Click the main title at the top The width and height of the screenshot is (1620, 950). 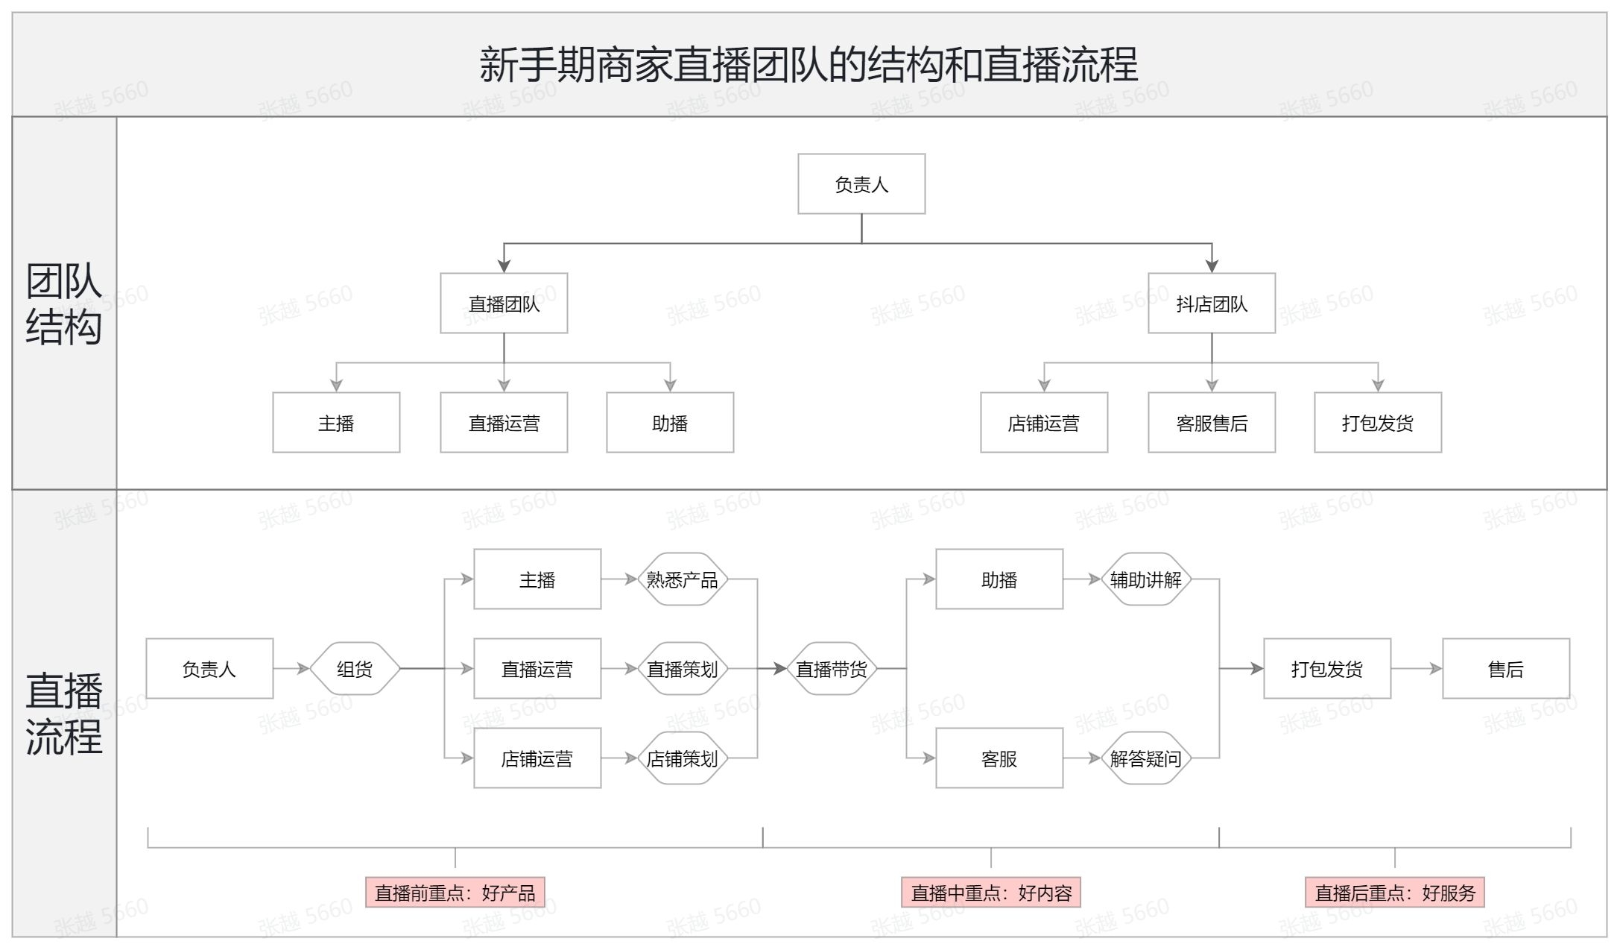coord(809,64)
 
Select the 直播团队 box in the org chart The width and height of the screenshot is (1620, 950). coord(504,303)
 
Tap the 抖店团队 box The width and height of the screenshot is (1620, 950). coord(1212,303)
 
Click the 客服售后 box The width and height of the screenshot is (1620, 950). coord(1212,422)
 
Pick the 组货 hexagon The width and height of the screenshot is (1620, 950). coord(355,669)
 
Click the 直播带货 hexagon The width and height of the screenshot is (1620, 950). coord(832,669)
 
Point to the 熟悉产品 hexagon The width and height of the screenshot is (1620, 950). coord(682,579)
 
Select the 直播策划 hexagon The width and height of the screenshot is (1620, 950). coord(682,669)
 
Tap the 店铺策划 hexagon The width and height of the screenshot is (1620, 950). coord(682,758)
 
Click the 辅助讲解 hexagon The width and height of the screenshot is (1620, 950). coord(1145,579)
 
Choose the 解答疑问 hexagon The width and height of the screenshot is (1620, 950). coord(1145,758)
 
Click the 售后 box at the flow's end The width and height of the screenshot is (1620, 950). coord(1506,668)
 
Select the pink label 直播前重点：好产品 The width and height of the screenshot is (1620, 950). coord(455,892)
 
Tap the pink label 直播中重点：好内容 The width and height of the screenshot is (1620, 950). coord(991,892)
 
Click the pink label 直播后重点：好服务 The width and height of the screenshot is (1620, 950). coord(1395,892)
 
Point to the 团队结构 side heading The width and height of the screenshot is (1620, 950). coord(64,303)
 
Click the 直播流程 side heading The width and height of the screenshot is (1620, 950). coord(64,714)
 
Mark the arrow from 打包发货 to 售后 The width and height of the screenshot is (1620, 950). coord(1417,669)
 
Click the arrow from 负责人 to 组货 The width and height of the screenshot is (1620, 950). coord(291,669)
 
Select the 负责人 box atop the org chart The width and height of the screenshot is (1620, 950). coord(861,184)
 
